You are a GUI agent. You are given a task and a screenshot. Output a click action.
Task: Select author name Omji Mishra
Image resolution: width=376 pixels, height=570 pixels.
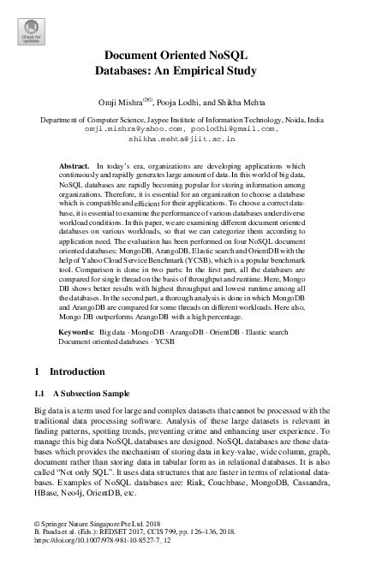(140, 100)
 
